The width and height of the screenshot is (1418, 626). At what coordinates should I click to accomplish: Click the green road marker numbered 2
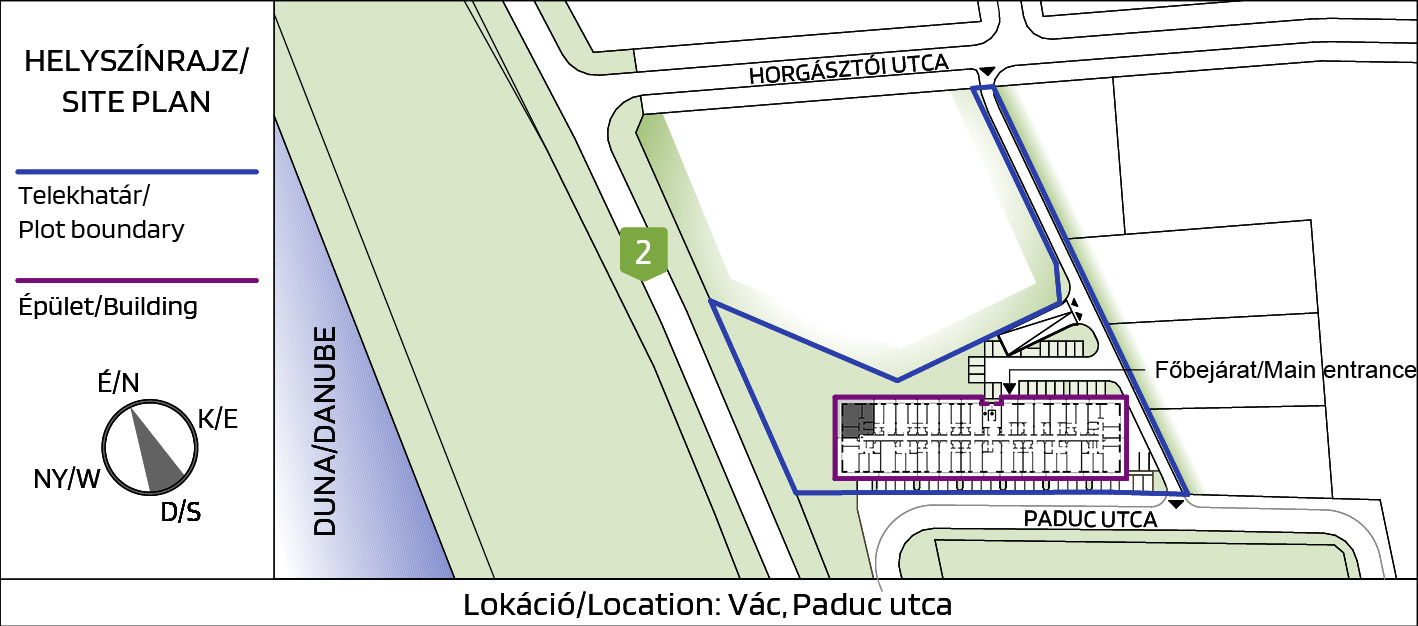[x=643, y=253]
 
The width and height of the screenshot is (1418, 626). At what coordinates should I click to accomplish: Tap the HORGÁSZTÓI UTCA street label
[x=849, y=69]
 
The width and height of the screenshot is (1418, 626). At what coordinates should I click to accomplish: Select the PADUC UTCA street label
[x=1090, y=520]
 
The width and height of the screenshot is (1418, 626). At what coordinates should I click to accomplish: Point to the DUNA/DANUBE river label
[x=325, y=431]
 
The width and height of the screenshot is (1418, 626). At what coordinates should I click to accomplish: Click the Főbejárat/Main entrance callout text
[x=1285, y=370]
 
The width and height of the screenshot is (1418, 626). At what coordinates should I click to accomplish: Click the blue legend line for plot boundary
[x=137, y=172]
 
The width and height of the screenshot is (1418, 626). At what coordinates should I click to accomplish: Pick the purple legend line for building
[x=137, y=280]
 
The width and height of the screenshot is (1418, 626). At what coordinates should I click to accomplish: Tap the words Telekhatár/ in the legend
[x=84, y=196]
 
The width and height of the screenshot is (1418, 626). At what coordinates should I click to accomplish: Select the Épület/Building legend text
[x=108, y=307]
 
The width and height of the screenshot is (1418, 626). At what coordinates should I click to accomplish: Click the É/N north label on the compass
[x=118, y=383]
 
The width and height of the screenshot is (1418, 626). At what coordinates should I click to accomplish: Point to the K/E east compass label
[x=218, y=419]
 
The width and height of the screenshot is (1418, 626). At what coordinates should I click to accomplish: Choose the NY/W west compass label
[x=66, y=479]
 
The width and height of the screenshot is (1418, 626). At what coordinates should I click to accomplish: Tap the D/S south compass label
[x=180, y=511]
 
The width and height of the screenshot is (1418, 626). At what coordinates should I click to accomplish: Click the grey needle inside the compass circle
[x=156, y=454]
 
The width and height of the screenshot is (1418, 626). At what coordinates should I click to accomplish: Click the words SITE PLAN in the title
[x=136, y=102]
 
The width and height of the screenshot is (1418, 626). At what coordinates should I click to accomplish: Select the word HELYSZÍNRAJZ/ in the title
[x=136, y=61]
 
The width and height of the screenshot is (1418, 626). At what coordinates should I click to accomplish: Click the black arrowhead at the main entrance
[x=1009, y=388]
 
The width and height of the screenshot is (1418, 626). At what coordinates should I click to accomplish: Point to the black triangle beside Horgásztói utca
[x=987, y=71]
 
